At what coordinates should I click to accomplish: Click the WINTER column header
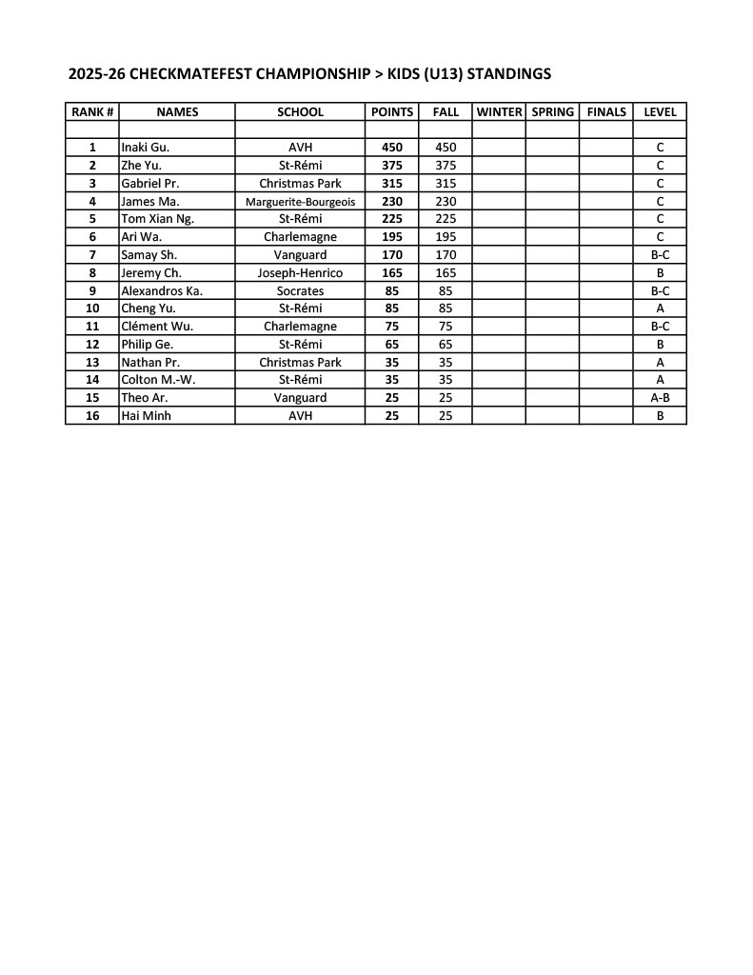point(499,111)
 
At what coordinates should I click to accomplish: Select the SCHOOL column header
point(300,111)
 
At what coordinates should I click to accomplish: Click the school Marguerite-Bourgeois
point(300,202)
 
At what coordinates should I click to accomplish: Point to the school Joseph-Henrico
point(300,273)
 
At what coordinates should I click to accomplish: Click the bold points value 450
point(391,148)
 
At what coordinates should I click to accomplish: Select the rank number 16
point(92,416)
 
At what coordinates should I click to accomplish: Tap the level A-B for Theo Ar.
point(660,398)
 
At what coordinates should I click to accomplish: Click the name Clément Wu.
point(157,327)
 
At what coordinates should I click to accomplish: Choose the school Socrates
point(300,291)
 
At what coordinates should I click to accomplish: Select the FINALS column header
point(606,111)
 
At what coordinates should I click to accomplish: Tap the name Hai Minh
point(146,416)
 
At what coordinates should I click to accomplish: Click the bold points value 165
point(391,273)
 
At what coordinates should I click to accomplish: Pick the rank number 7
point(92,255)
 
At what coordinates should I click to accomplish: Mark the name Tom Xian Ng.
point(157,219)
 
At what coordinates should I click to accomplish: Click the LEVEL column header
point(660,111)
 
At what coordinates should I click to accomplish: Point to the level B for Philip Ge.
point(660,345)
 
